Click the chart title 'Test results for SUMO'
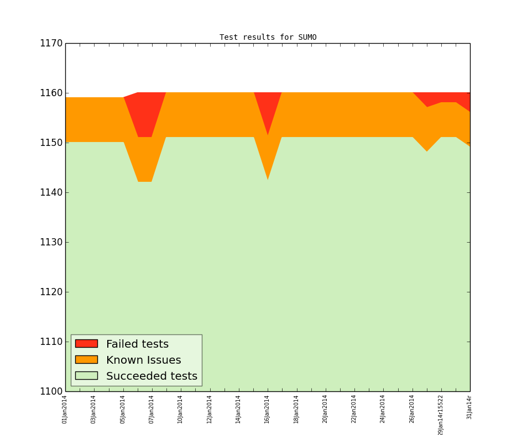coord(268,38)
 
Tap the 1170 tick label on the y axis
coord(50,44)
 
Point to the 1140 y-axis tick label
coord(50,193)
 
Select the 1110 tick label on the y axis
coord(50,342)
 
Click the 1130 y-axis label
coord(50,243)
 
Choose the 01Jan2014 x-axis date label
coord(65,409)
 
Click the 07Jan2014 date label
coord(152,409)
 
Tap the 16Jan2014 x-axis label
coord(267,409)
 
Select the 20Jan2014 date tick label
coord(325,409)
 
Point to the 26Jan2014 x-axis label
coord(412,409)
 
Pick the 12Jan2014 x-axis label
coord(210,409)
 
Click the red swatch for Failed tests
coord(86,344)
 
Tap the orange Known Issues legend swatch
coord(86,360)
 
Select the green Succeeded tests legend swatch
coord(86,376)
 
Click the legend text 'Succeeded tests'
coord(152,376)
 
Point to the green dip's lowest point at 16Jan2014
coord(268,181)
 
